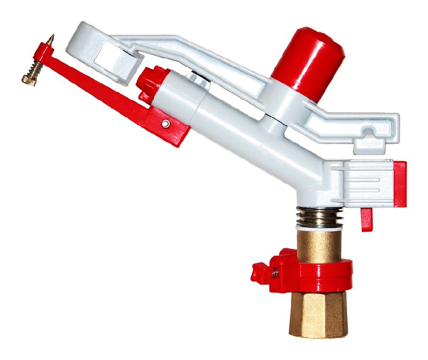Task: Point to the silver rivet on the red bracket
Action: [166, 124]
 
